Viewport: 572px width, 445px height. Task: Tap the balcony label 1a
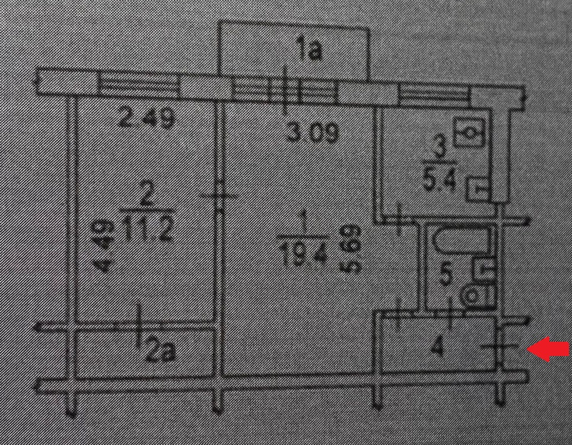click(309, 51)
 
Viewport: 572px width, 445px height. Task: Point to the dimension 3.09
click(313, 132)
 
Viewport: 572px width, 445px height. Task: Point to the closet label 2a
click(160, 353)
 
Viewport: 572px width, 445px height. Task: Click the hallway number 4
click(438, 346)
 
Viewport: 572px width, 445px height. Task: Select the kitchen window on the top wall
click(433, 91)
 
